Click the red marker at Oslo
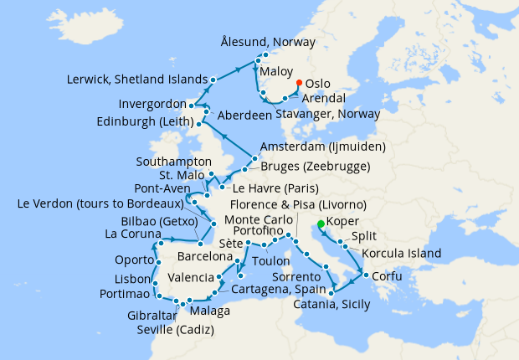[299, 82]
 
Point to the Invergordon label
[147, 105]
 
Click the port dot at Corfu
[367, 275]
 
